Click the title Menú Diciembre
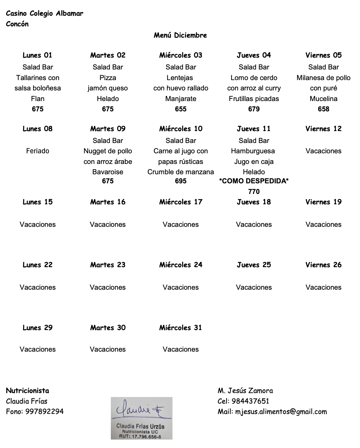pos(180,35)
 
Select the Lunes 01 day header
pos(38,55)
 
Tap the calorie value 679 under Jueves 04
pos(254,109)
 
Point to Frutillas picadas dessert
pos(254,99)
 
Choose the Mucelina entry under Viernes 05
pos(323,99)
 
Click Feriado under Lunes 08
pos(38,151)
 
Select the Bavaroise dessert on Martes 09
pos(108,172)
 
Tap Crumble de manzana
pos(181,172)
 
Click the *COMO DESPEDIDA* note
pos(254,181)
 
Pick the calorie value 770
pos(254,191)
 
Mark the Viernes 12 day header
pos(323,129)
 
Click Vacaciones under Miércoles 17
pos(181,224)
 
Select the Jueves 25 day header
pos(254,265)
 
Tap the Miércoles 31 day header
pos(181,328)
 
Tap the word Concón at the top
pos(17,24)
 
